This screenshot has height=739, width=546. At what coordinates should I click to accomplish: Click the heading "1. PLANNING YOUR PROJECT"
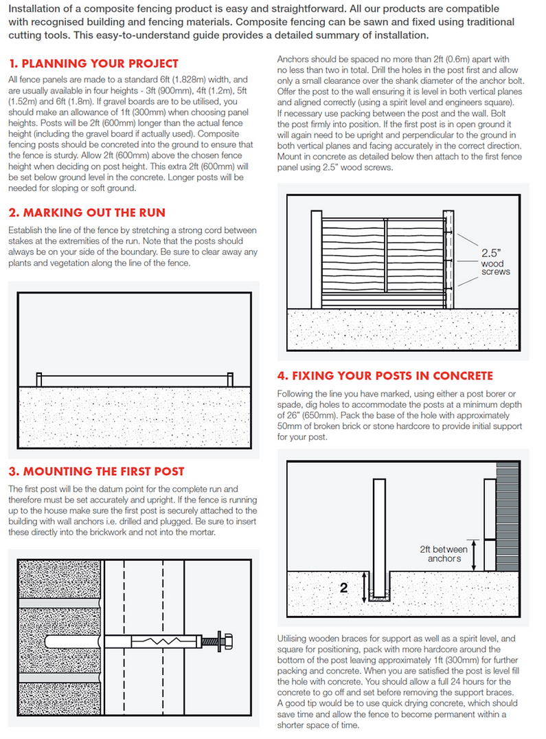94,64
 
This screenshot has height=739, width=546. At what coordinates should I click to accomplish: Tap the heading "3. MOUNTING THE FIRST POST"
96,471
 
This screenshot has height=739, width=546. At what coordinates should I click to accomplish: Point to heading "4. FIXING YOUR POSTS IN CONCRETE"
385,375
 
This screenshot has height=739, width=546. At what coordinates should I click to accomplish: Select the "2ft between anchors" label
444,554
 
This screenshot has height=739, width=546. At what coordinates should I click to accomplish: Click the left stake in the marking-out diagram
39,379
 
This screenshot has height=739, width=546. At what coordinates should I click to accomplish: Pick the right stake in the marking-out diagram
230,379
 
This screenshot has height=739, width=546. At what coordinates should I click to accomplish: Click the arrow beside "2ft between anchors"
473,553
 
